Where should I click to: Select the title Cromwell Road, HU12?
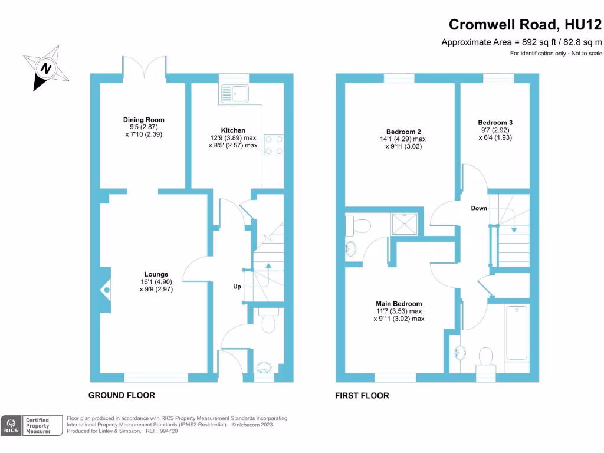click(x=525, y=24)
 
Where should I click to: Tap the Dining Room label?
click(x=143, y=120)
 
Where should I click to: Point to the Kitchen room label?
click(x=233, y=130)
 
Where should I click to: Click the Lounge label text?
click(x=156, y=274)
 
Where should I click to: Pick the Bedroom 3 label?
click(x=495, y=123)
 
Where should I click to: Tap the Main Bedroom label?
click(x=399, y=304)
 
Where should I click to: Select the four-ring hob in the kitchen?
click(x=273, y=145)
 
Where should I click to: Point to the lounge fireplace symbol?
click(x=106, y=289)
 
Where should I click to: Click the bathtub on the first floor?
click(x=517, y=332)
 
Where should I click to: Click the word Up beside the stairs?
click(x=237, y=287)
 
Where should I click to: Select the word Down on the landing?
click(x=479, y=208)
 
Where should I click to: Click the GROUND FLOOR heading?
click(x=122, y=395)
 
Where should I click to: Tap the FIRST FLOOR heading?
click(x=362, y=395)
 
